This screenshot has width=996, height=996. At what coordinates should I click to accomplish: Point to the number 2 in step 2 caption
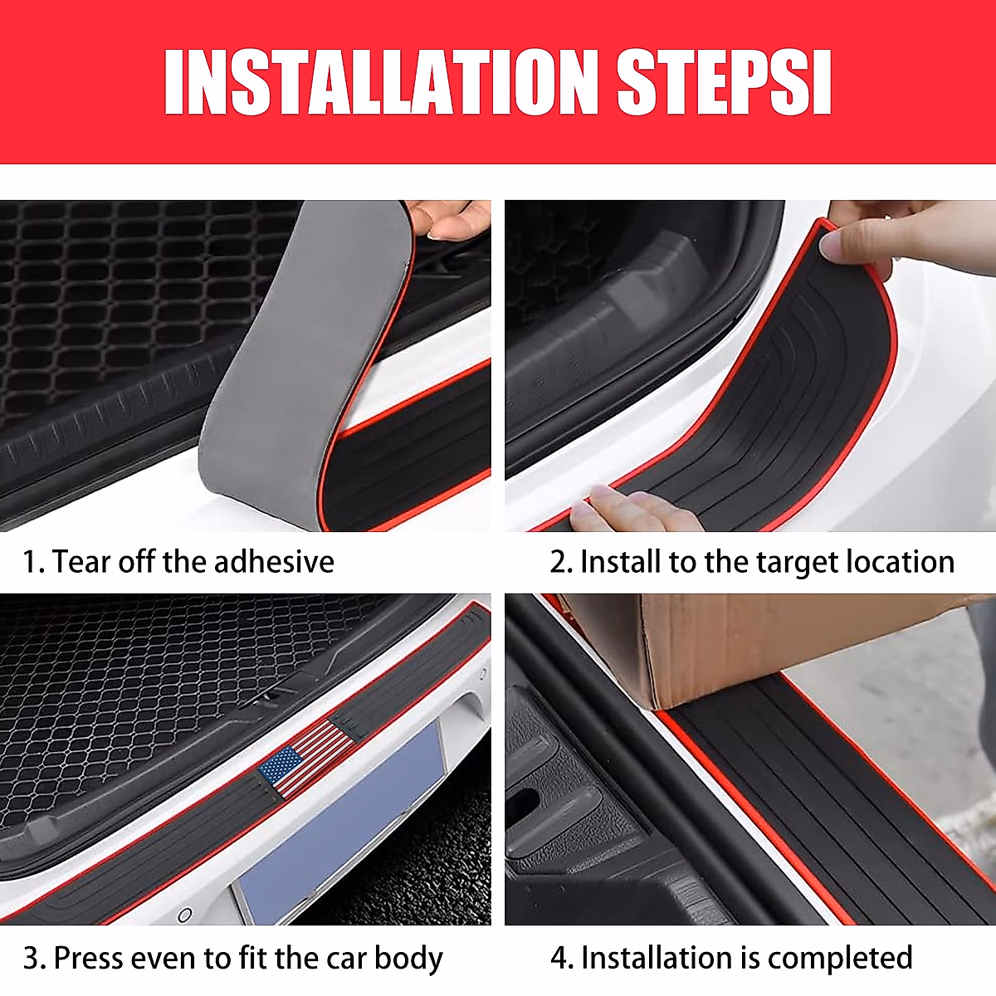(559, 563)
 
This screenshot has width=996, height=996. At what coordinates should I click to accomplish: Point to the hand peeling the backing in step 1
(452, 219)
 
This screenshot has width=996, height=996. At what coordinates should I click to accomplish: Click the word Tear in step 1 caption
(81, 562)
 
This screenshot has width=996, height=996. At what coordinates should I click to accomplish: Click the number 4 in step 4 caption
(559, 958)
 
